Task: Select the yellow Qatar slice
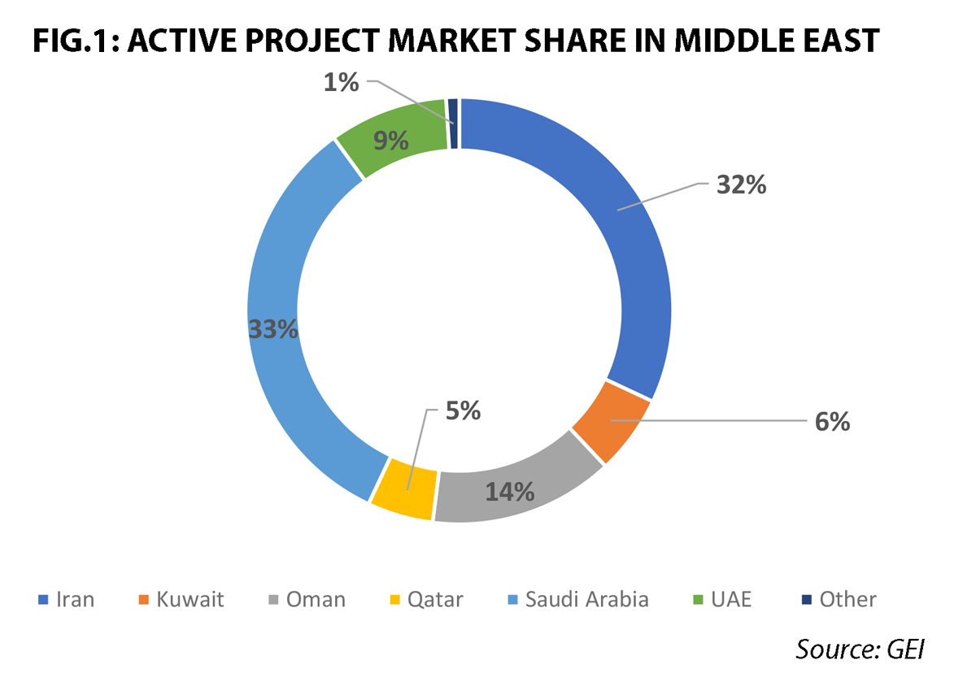(x=403, y=489)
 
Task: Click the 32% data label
(x=741, y=185)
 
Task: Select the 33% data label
(x=272, y=329)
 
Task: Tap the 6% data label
(x=833, y=422)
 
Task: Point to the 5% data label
(x=463, y=411)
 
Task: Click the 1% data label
(x=342, y=81)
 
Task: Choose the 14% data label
(x=510, y=491)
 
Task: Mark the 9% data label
(x=390, y=141)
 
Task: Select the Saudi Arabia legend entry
(x=577, y=600)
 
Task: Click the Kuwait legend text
(x=191, y=600)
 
